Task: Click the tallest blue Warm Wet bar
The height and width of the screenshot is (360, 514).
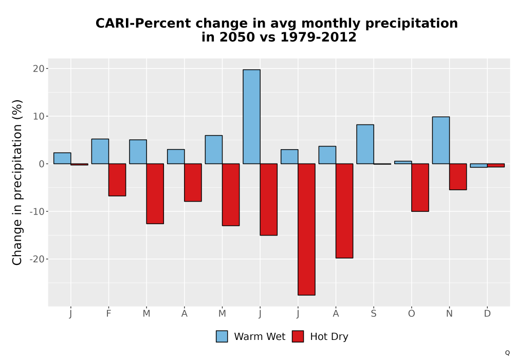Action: [x=251, y=117]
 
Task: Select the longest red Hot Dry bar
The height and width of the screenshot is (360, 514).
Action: [x=306, y=229]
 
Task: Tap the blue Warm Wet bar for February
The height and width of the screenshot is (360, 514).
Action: [x=100, y=152]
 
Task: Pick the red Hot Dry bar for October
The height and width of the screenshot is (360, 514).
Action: [x=420, y=188]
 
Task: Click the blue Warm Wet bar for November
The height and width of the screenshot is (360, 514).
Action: [x=441, y=140]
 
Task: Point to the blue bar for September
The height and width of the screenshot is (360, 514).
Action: [x=365, y=145]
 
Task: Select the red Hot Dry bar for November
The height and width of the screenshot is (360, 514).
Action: [x=458, y=177]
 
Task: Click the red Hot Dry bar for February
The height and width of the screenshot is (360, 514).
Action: [x=117, y=180]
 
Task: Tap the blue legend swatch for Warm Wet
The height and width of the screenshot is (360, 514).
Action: [x=222, y=336]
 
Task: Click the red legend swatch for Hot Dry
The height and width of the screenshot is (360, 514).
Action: [x=298, y=336]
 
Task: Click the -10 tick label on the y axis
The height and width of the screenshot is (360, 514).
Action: [x=37, y=211]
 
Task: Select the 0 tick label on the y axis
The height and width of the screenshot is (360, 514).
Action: [x=42, y=164]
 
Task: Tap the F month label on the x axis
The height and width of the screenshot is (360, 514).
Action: [x=108, y=314]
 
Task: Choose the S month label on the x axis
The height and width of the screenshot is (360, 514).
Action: [x=374, y=314]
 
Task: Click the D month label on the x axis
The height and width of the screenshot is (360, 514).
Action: [x=487, y=314]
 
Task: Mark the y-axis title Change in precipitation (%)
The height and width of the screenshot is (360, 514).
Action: [x=17, y=182]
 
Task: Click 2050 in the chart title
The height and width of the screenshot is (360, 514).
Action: [x=237, y=37]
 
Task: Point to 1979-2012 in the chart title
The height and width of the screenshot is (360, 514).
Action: [x=318, y=37]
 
